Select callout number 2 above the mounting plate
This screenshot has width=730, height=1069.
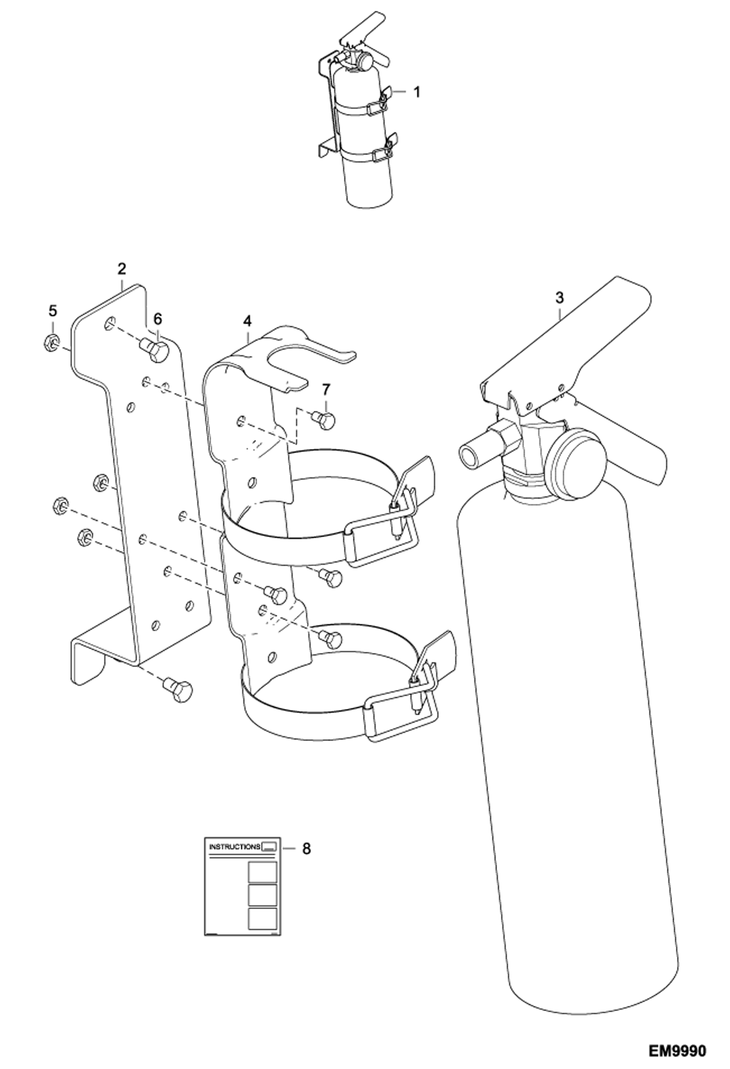pyautogui.click(x=121, y=268)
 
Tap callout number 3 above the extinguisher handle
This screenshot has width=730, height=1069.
pyautogui.click(x=559, y=297)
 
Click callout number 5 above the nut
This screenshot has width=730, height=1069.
pyautogui.click(x=53, y=310)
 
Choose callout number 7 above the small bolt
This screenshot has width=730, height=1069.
pyautogui.click(x=326, y=389)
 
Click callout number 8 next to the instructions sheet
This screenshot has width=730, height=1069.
pyautogui.click(x=306, y=849)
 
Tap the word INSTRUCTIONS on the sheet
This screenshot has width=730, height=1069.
pyautogui.click(x=234, y=847)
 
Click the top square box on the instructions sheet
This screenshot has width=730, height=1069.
pyautogui.click(x=262, y=872)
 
